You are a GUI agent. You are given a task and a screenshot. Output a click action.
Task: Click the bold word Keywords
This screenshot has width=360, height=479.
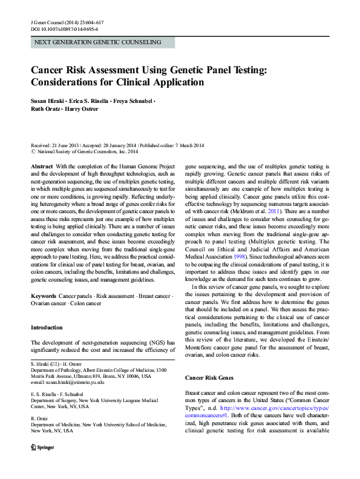[43, 295]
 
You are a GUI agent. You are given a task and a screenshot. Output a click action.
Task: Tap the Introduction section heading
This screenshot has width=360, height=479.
[47, 328]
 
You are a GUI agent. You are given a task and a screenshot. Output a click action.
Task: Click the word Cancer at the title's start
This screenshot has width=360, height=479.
[50, 69]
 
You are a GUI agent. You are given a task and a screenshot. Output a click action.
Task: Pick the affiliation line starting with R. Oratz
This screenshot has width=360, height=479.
[38, 420]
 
